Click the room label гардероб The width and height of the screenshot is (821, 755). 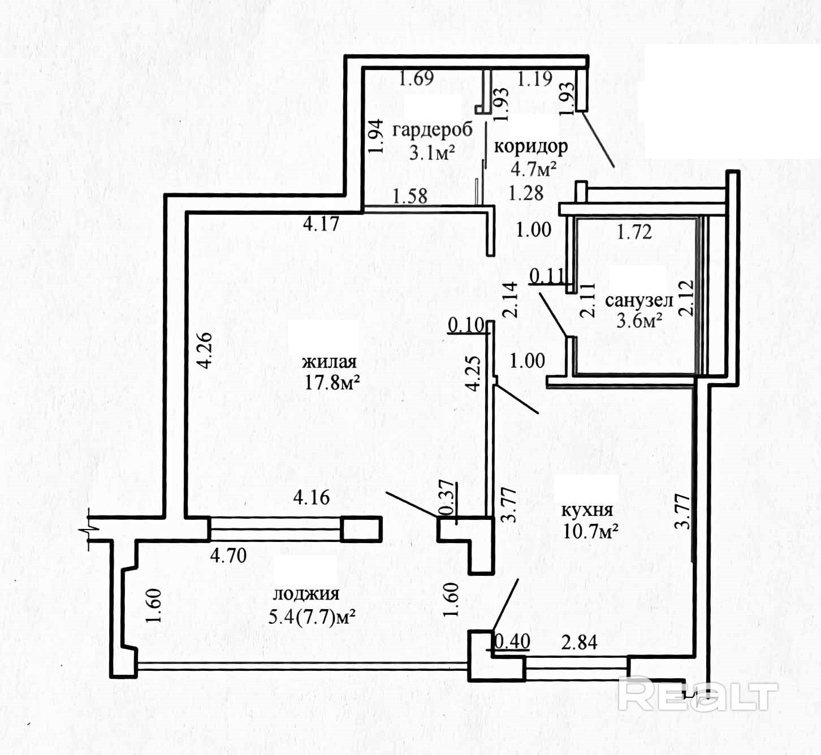click(432, 130)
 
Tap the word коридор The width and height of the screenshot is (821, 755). click(531, 146)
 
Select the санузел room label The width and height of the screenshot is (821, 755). click(639, 300)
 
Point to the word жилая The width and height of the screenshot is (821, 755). click(329, 362)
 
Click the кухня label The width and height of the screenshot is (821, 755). click(587, 510)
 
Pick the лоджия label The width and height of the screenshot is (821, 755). click(306, 594)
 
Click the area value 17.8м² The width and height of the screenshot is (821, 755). click(332, 383)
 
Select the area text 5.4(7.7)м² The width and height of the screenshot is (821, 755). click(312, 617)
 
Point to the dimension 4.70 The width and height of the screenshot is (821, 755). click(228, 556)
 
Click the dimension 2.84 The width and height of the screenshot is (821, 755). click(579, 643)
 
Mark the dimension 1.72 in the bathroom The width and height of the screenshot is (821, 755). click(634, 231)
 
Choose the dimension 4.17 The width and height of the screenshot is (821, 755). click(321, 224)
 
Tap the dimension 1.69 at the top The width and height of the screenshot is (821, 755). click(417, 78)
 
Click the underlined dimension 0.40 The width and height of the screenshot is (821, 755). click(512, 641)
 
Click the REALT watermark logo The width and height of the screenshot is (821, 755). click(698, 695)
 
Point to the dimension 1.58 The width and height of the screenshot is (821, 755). click(410, 196)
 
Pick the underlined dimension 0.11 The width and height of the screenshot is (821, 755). click(547, 276)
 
